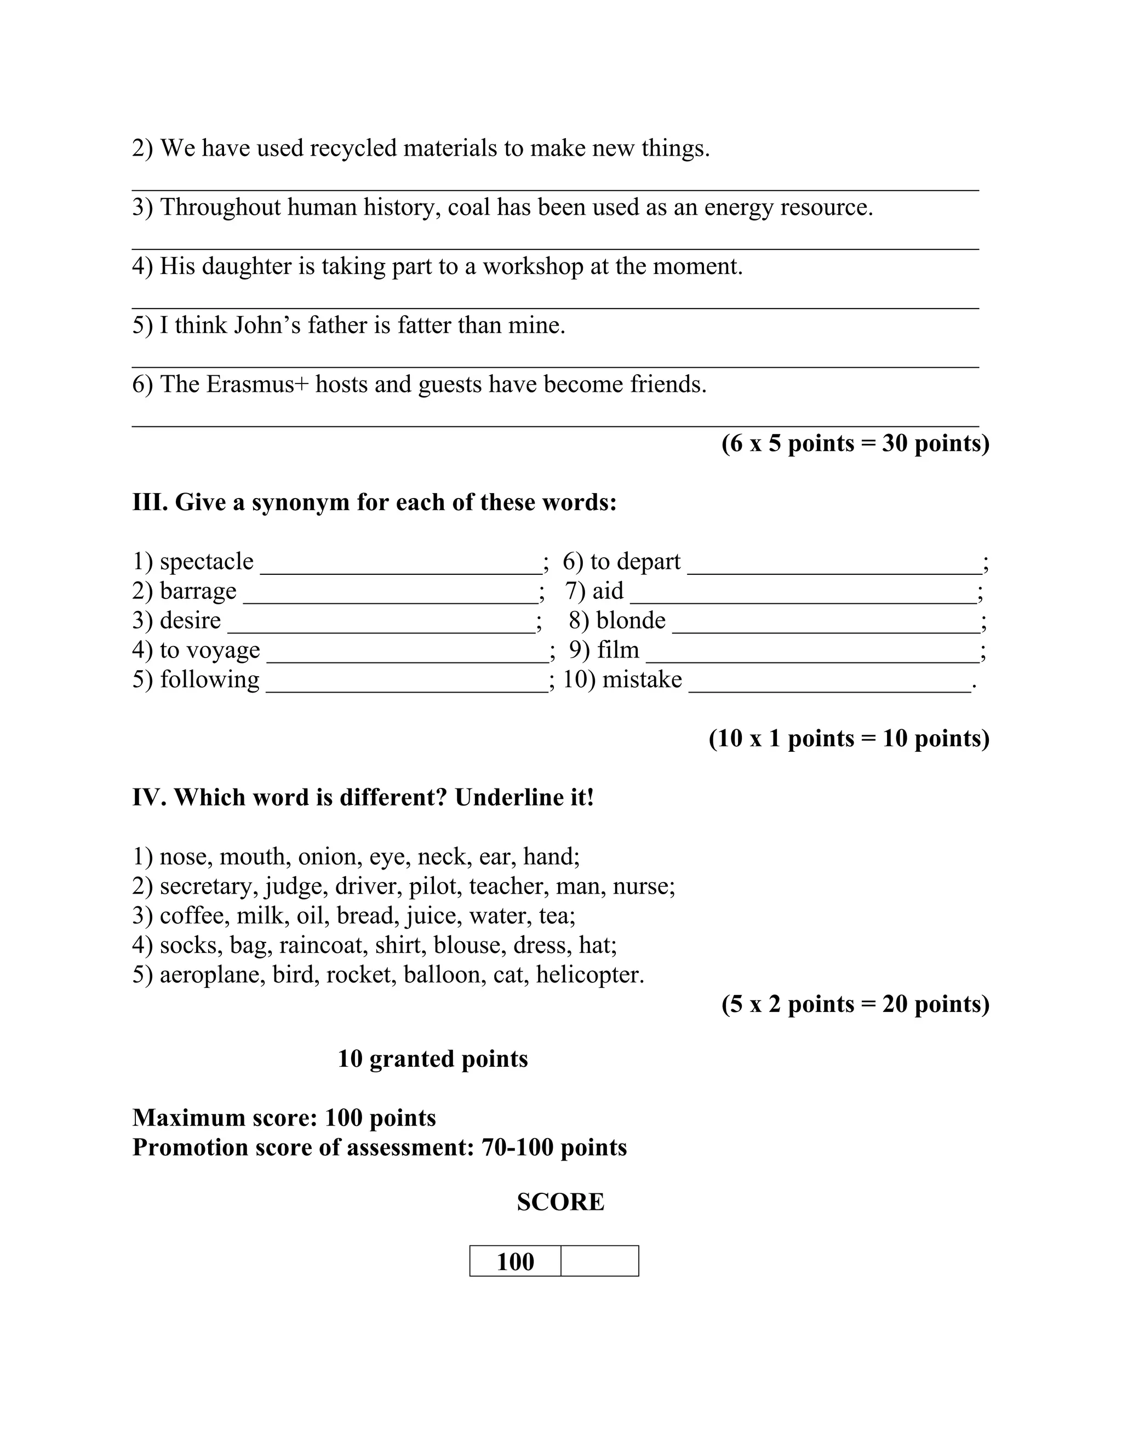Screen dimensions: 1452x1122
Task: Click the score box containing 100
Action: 515,1261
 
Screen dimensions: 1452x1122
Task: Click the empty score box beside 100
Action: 599,1261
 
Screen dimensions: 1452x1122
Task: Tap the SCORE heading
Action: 560,1202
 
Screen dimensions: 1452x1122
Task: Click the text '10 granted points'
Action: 433,1059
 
